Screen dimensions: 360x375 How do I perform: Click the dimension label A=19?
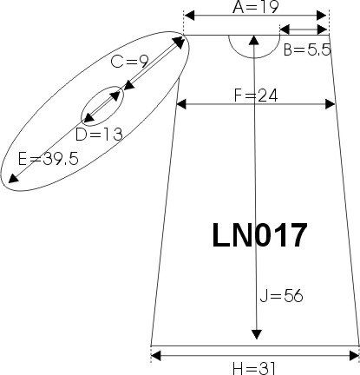[256, 7]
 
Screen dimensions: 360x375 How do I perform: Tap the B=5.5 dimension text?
[307, 50]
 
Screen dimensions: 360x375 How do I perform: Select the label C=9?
[130, 62]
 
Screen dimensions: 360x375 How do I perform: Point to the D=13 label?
[99, 135]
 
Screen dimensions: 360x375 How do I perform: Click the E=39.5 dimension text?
[49, 159]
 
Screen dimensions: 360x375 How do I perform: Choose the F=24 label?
[256, 95]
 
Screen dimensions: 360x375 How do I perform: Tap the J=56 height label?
[281, 296]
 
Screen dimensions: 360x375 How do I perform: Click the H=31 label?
[254, 369]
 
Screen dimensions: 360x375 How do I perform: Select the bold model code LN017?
[259, 235]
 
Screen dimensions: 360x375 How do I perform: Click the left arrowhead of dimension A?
[189, 16]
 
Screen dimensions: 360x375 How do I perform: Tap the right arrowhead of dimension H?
[354, 356]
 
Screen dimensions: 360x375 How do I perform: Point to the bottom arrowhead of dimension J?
[256, 334]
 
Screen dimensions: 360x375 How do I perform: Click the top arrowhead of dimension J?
[254, 40]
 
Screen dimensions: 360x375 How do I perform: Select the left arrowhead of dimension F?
[181, 104]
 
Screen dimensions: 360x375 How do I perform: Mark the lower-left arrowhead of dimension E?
[13, 179]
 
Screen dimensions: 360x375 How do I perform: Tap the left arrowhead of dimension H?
[156, 356]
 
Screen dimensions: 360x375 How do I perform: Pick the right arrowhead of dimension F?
[330, 104]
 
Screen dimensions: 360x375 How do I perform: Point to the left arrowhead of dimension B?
[285, 30]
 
